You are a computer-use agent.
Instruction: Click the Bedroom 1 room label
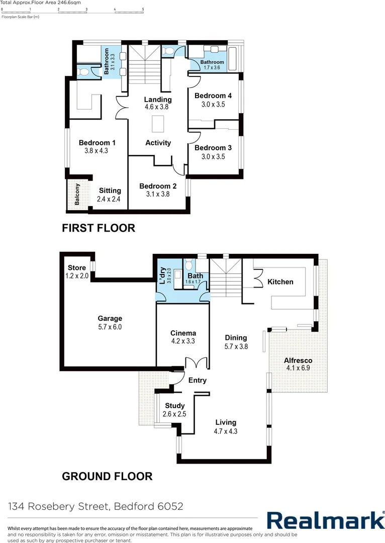tap(97, 143)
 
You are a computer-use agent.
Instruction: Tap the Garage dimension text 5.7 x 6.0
tap(110, 327)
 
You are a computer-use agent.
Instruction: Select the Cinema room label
tap(183, 333)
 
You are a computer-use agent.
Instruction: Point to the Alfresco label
tap(298, 360)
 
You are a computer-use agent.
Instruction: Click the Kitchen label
tap(280, 282)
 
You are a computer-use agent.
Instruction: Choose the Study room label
tap(174, 406)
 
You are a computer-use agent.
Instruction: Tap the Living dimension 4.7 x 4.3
tap(226, 431)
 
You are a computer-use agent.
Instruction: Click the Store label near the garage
tap(76, 267)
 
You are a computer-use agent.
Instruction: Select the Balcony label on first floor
tap(77, 195)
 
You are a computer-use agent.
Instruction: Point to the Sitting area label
tap(110, 191)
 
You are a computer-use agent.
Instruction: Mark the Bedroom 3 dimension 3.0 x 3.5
tap(213, 156)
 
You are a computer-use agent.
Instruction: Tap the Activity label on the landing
tap(158, 143)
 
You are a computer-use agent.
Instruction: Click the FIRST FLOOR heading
tap(98, 228)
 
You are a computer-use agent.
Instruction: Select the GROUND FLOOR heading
tap(107, 476)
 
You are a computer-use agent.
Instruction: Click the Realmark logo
tap(325, 520)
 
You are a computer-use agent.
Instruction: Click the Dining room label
tap(236, 338)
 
